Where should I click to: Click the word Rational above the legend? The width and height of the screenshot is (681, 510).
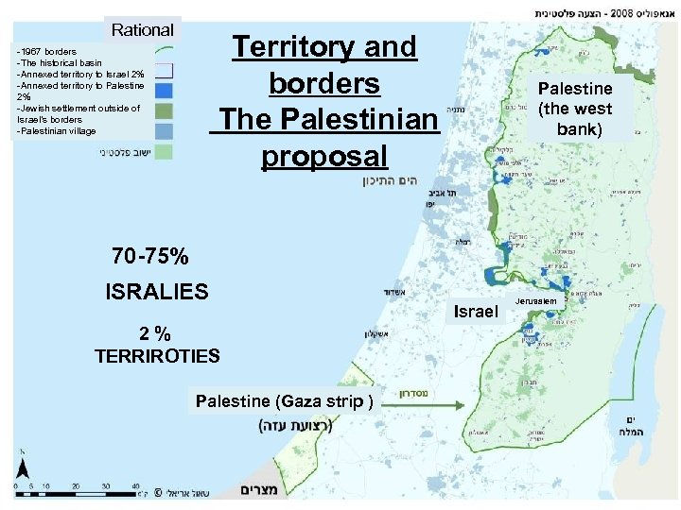(x=143, y=30)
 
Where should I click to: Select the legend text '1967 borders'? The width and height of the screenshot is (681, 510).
(x=48, y=51)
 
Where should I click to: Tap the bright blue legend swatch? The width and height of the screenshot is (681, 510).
(x=164, y=91)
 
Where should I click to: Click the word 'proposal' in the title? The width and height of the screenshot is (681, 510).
(x=323, y=156)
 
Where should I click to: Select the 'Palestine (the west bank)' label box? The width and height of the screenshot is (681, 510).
(x=575, y=109)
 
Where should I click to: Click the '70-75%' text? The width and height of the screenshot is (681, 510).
(x=149, y=256)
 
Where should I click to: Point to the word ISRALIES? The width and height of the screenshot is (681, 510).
(x=157, y=292)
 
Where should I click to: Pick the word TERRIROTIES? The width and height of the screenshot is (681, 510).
(x=157, y=356)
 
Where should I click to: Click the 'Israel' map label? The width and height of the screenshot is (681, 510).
(x=476, y=311)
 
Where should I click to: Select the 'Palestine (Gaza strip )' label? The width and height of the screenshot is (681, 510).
(x=285, y=401)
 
